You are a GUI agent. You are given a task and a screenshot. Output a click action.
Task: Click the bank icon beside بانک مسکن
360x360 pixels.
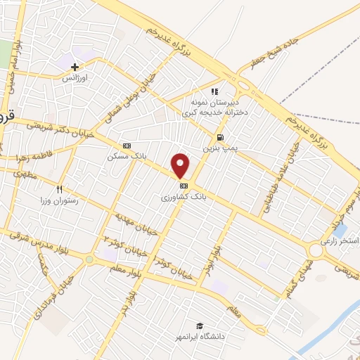tap(127, 146)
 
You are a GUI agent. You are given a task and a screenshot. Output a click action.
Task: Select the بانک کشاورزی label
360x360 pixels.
tap(184, 198)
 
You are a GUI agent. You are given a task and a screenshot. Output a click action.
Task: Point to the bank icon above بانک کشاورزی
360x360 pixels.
tap(184, 186)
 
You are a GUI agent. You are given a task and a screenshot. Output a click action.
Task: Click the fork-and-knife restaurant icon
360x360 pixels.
tap(60, 189)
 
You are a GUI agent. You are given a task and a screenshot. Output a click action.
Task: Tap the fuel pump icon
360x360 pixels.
tap(221, 137)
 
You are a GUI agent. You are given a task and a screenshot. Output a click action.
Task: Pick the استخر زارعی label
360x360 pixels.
tap(340, 241)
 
